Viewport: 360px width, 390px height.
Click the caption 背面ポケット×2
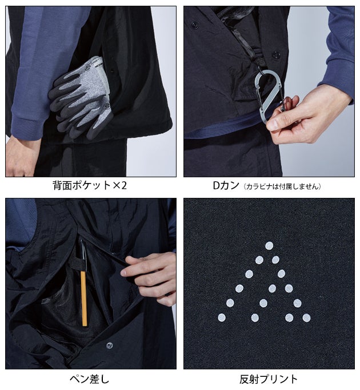click(90, 185)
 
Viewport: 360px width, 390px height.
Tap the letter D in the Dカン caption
click(217, 185)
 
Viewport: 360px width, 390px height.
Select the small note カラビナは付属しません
click(282, 186)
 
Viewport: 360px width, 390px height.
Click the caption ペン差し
click(90, 379)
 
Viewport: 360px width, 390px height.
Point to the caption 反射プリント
click(269, 379)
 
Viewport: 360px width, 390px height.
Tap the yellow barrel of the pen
click(84, 299)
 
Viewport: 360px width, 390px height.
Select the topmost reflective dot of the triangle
click(269, 246)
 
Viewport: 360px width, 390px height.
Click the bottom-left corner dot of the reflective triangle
click(222, 317)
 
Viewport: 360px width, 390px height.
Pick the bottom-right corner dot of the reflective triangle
click(306, 317)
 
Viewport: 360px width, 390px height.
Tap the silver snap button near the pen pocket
click(109, 345)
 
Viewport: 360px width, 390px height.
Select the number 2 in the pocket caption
click(124, 185)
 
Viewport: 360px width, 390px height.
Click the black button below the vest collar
click(195, 25)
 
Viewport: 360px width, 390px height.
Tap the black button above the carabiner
click(275, 55)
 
